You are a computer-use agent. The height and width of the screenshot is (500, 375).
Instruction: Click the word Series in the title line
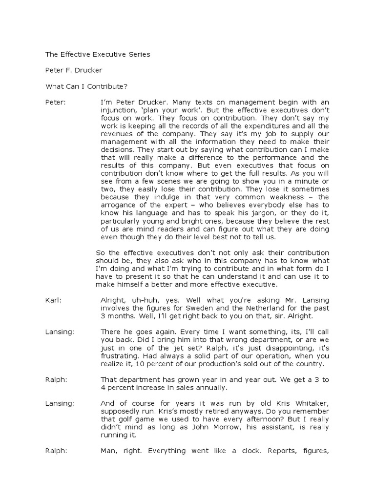pyautogui.click(x=139, y=55)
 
